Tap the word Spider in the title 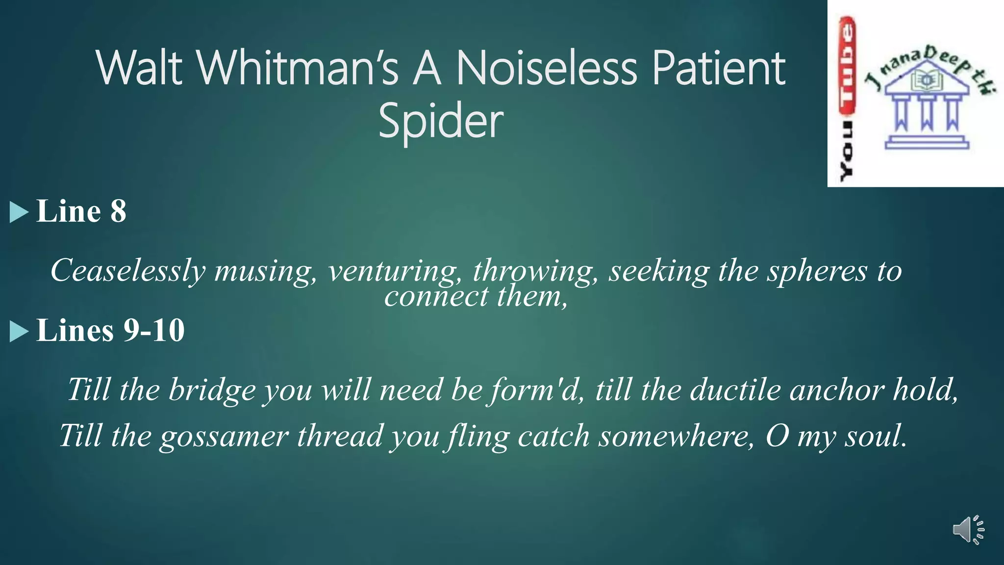coord(441,121)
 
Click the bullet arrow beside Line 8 coord(19,212)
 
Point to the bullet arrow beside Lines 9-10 coord(19,331)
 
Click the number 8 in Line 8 coord(118,211)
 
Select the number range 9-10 coord(154,330)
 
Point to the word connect coord(436,296)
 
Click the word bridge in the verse coord(212,390)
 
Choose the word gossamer coord(224,436)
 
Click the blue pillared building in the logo coord(927,110)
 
